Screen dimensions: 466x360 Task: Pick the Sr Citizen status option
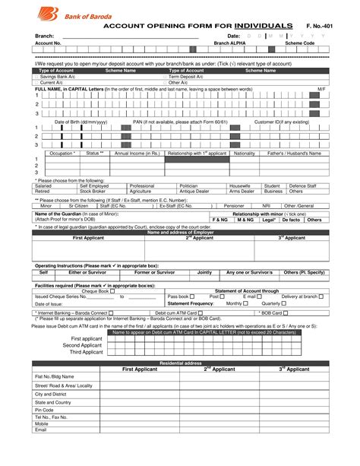pyautogui.click(x=78, y=205)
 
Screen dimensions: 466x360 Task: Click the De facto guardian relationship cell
pyautogui.click(x=290, y=220)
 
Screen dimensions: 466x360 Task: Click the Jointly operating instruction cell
pyautogui.click(x=205, y=271)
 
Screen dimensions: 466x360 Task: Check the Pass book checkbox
pyautogui.click(x=192, y=296)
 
